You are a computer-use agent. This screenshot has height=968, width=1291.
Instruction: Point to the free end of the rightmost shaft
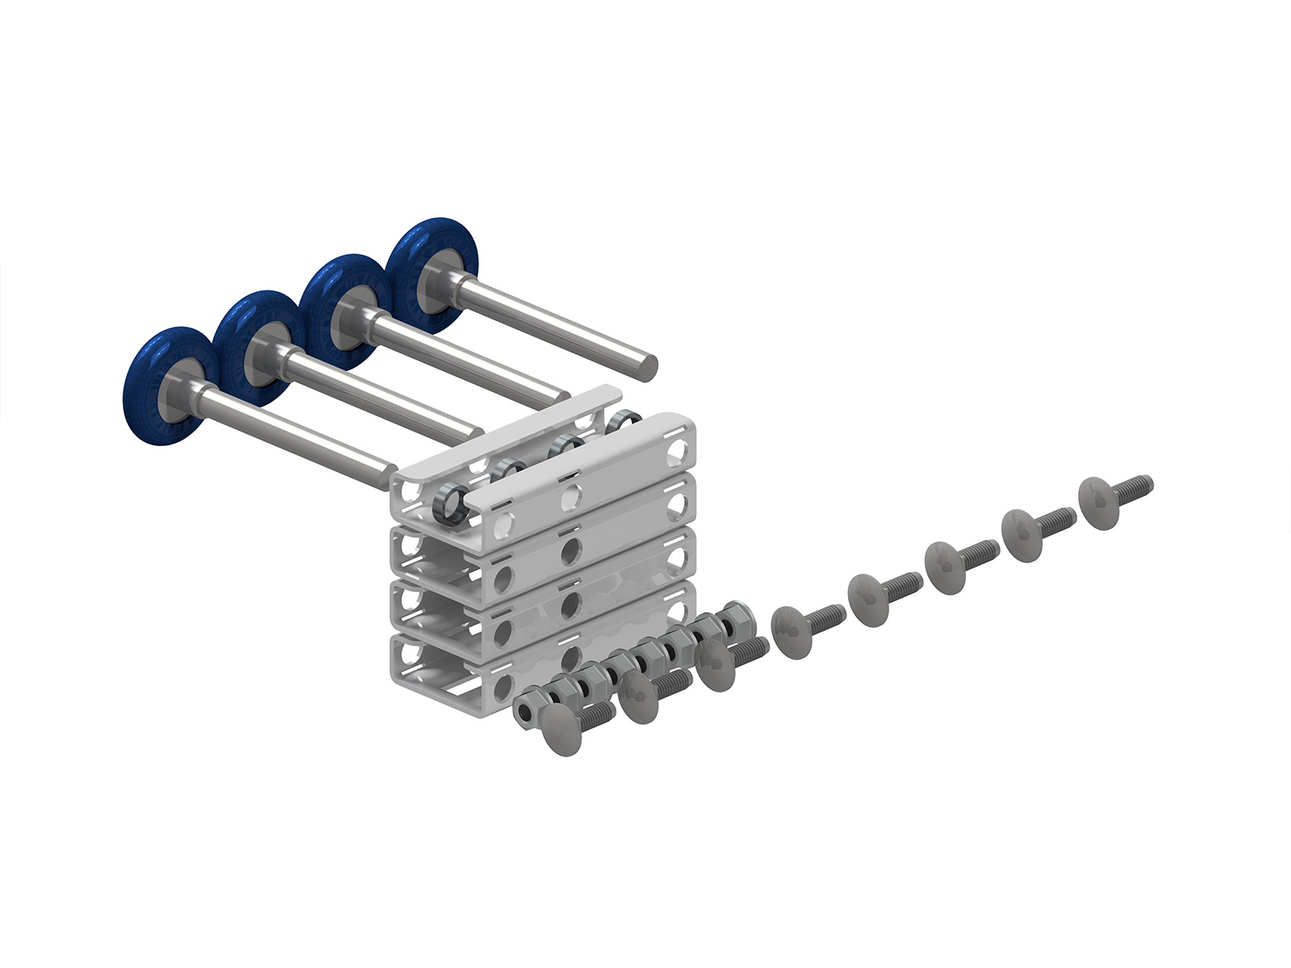pos(647,367)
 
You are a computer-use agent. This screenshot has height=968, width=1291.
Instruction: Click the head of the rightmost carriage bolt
pos(1099,502)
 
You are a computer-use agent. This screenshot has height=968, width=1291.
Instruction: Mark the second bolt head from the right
pos(1021,528)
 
